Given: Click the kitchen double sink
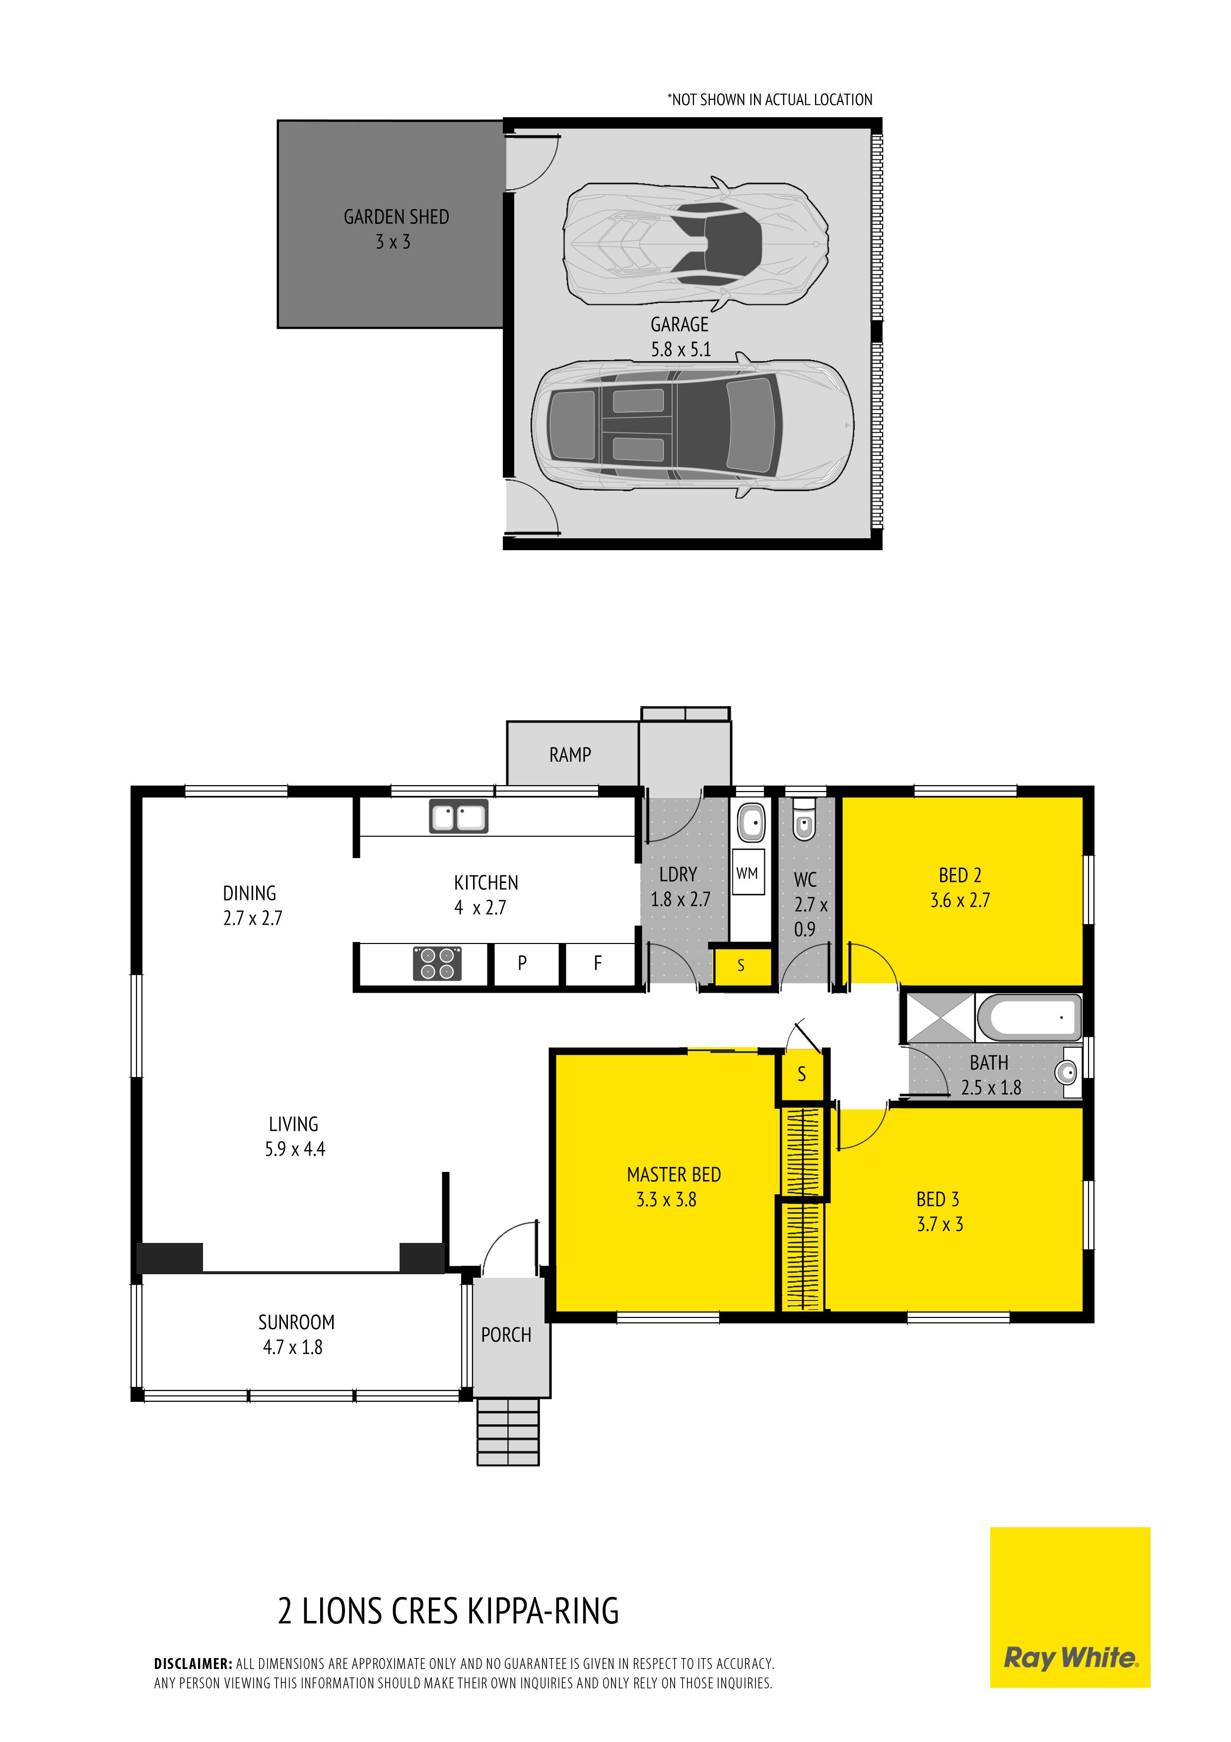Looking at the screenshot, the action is pyautogui.click(x=459, y=816).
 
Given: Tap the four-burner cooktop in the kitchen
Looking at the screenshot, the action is pyautogui.click(x=438, y=963).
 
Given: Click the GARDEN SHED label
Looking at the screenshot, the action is pyautogui.click(x=396, y=217).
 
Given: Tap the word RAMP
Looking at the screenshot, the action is pyautogui.click(x=570, y=754).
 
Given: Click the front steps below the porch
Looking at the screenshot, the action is pyautogui.click(x=508, y=1431).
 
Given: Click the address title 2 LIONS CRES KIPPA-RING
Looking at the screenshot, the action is pyautogui.click(x=448, y=1611).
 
